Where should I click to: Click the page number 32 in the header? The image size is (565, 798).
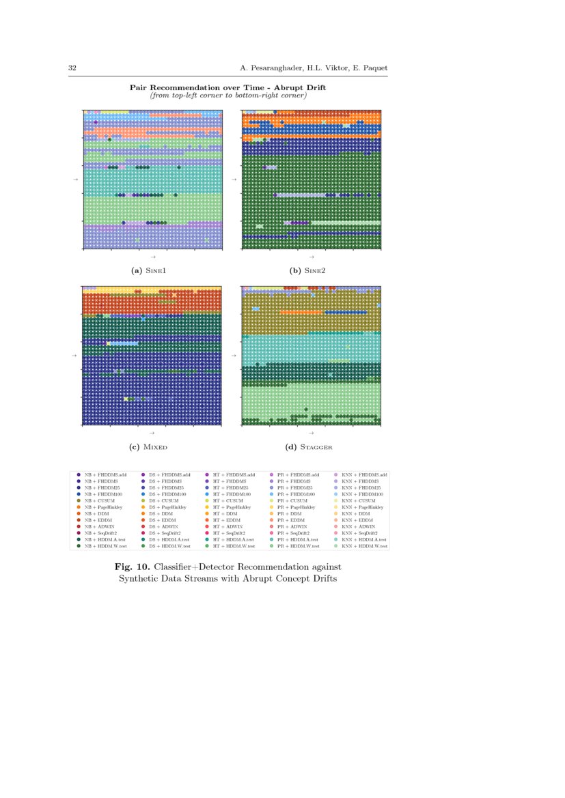pyautogui.click(x=72, y=68)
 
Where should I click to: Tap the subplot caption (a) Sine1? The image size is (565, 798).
pyautogui.click(x=148, y=271)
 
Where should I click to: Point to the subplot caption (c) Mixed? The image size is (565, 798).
pyautogui.click(x=148, y=447)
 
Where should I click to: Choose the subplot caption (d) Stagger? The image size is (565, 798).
pyautogui.click(x=309, y=447)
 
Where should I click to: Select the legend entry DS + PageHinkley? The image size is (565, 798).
pyautogui.click(x=165, y=507)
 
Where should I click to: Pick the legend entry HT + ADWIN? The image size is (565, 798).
pyautogui.click(x=228, y=527)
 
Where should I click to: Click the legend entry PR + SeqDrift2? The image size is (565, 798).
pyautogui.click(x=294, y=533)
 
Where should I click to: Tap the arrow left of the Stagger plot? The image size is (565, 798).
pyautogui.click(x=234, y=356)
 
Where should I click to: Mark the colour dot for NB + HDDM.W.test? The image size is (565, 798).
pyautogui.click(x=79, y=546)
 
